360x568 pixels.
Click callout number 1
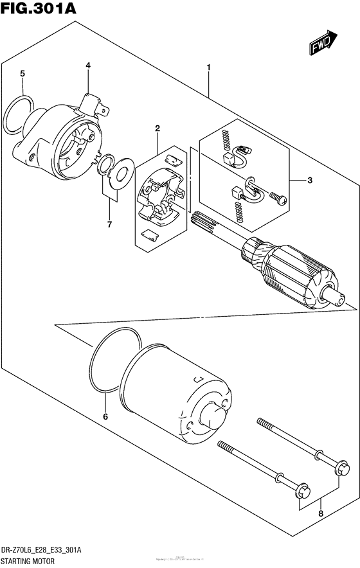[x=209, y=67]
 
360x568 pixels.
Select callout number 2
[x=157, y=129]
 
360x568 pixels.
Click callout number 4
[x=88, y=66]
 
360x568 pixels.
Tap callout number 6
[x=106, y=417]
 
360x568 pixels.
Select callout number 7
[x=109, y=224]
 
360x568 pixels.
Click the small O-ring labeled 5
[x=19, y=115]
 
